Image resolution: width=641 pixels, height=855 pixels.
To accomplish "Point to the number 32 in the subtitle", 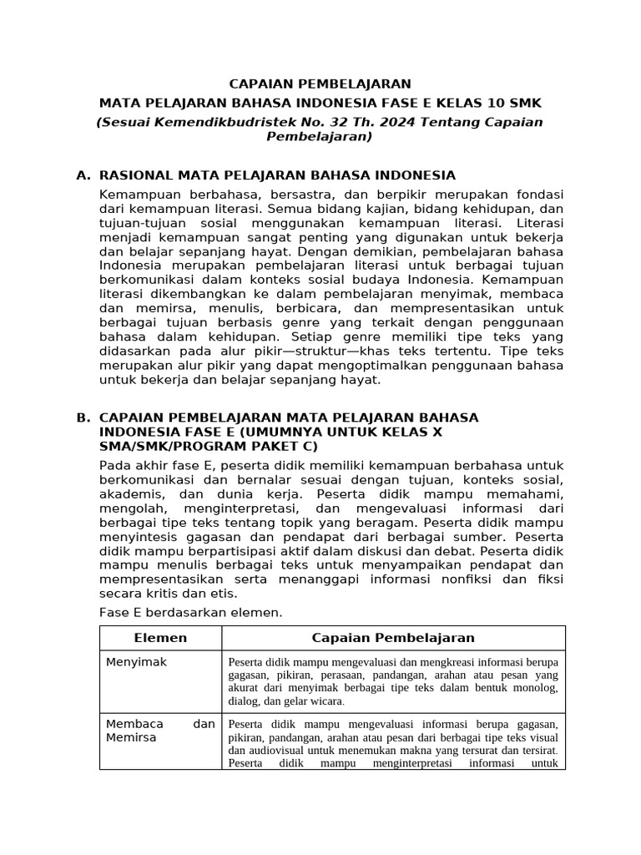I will click(313, 122).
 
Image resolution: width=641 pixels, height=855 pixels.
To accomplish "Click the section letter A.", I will click(82, 175).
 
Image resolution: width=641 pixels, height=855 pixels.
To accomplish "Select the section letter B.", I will click(82, 417).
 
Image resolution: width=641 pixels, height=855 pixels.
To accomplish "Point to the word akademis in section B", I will click(127, 493).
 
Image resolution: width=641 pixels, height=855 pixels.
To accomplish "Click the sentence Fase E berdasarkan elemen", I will click(191, 612).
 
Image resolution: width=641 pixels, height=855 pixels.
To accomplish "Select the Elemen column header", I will click(160, 638).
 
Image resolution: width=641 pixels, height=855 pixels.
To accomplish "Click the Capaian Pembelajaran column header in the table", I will click(393, 638).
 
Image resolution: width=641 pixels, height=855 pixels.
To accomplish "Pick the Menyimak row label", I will click(137, 662).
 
